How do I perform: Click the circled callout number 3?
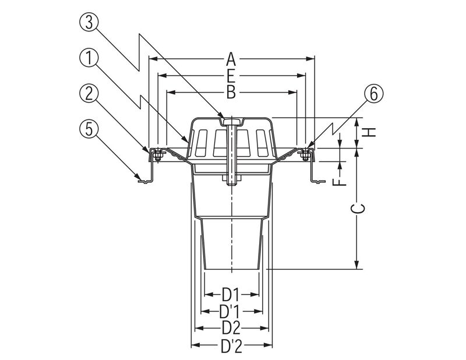(89, 23)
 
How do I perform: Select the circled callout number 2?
(89, 94)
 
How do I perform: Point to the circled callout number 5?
(89, 129)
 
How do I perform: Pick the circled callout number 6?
(374, 94)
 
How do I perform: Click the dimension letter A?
(231, 59)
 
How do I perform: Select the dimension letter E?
(231, 76)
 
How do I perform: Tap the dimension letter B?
(231, 93)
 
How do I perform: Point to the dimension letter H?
(369, 132)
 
